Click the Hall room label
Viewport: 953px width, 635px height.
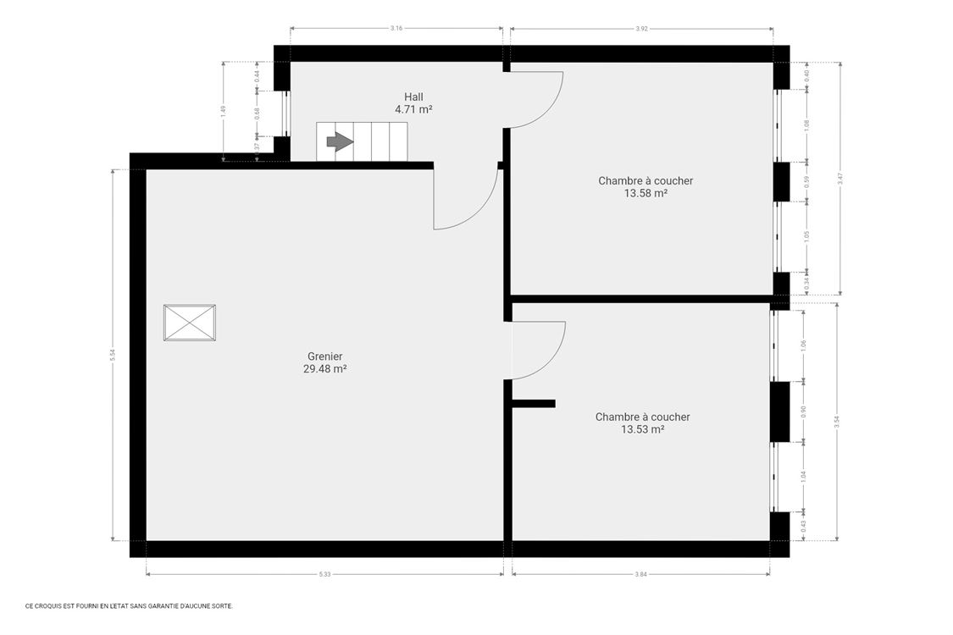413,97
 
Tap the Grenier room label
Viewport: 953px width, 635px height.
324,356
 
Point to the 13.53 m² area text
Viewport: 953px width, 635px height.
642,429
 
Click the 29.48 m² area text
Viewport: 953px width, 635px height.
324,369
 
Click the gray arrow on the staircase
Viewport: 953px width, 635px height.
340,141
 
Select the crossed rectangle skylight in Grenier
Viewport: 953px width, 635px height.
189,323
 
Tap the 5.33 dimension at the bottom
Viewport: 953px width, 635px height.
324,575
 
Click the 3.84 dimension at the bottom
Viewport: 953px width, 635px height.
640,575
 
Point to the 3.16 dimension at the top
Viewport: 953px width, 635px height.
396,28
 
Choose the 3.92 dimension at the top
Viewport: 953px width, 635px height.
641,28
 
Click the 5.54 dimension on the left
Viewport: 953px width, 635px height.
112,356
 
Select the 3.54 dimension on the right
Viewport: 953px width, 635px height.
837,422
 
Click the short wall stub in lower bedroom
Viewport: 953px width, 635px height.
534,404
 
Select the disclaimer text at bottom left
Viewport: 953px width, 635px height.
129,606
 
